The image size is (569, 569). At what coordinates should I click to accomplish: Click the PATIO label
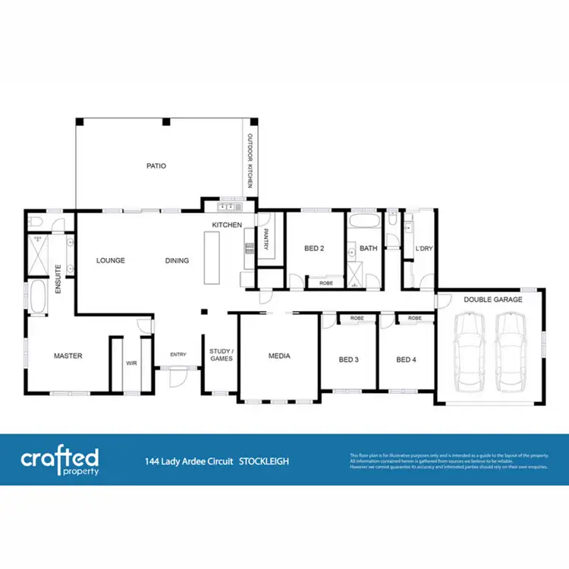click(157, 165)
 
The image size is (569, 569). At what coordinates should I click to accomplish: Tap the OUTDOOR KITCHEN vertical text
click(248, 163)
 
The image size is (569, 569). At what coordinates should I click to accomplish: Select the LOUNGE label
click(111, 260)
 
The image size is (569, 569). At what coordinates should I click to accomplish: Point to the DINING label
click(177, 260)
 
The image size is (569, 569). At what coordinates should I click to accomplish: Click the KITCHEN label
click(226, 225)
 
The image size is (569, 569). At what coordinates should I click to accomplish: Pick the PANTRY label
click(266, 239)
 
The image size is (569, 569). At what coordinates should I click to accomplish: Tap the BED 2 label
click(314, 248)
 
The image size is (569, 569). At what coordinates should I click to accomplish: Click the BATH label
click(369, 248)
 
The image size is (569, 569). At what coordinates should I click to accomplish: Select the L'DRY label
click(423, 248)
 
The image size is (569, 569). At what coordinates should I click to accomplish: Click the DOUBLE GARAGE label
click(493, 300)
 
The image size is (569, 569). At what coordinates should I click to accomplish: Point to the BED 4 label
click(407, 360)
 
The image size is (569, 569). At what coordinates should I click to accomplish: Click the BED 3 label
click(347, 360)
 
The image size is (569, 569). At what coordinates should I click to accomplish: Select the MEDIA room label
click(279, 355)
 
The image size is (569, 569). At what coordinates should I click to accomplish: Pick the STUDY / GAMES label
click(221, 354)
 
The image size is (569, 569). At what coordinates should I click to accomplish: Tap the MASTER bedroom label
click(68, 355)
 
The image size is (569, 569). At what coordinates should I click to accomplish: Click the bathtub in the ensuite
click(37, 297)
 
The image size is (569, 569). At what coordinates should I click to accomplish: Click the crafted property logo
click(60, 460)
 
